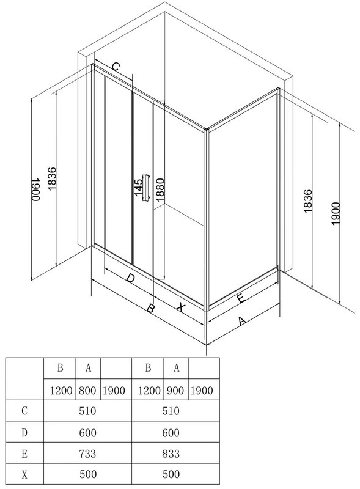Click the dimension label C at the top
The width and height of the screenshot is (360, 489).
click(x=116, y=67)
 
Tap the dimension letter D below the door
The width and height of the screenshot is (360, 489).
click(x=130, y=278)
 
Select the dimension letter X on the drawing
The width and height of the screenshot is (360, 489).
click(x=180, y=307)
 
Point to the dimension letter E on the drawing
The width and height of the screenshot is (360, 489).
click(x=241, y=298)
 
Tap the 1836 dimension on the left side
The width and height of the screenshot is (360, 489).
click(x=51, y=179)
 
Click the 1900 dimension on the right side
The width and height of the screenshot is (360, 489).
click(x=336, y=213)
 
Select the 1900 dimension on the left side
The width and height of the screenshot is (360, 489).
click(x=36, y=189)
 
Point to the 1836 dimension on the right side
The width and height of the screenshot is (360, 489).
click(x=307, y=201)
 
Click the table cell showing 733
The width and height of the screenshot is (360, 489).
click(x=87, y=453)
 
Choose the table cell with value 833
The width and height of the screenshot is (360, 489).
click(x=171, y=453)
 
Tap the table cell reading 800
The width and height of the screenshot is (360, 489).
click(x=87, y=390)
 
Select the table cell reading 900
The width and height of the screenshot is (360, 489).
click(x=175, y=390)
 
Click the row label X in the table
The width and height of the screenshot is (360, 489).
click(x=24, y=474)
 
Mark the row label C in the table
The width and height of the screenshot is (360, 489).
click(x=24, y=411)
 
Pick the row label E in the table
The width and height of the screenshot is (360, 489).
click(x=24, y=453)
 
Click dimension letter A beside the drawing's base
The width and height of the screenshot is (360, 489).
click(x=242, y=320)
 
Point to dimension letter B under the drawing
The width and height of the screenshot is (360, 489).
click(x=151, y=309)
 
